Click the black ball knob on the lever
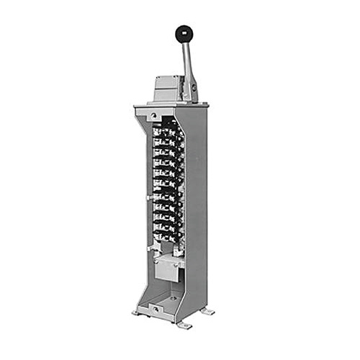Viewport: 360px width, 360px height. point(184,33)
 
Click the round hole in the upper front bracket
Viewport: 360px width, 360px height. point(153,116)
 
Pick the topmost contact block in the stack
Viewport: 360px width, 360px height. point(167,132)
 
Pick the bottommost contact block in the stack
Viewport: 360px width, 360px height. point(167,234)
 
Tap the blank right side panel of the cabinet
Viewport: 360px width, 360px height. point(197,209)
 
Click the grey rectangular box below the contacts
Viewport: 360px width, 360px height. point(166,269)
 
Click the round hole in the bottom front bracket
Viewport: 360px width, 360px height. point(153,310)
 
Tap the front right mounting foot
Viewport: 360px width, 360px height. point(185,325)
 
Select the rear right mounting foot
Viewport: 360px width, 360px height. point(208,311)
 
